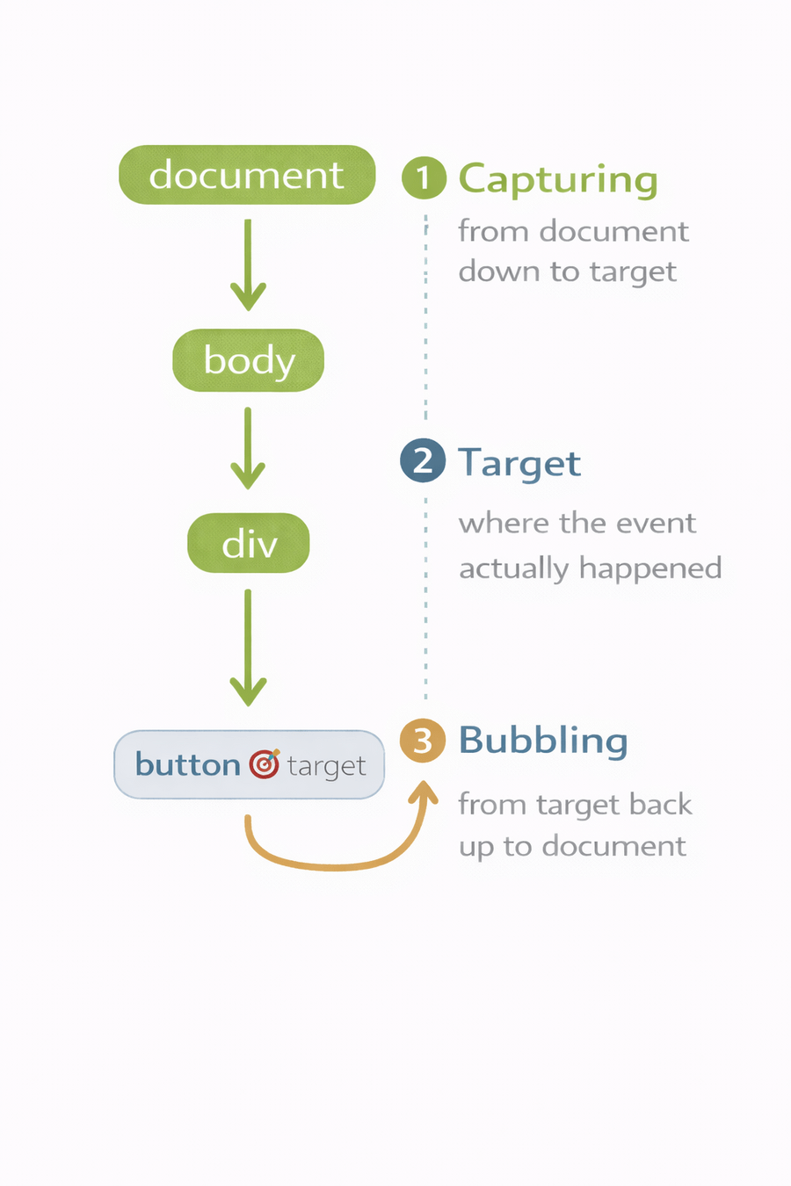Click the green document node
[x=247, y=175]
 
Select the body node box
[x=249, y=360]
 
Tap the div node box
[x=249, y=544]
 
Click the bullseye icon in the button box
[x=264, y=764]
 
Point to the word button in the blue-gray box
[x=187, y=764]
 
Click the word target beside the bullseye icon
[x=326, y=767]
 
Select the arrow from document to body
[x=248, y=264]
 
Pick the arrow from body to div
[x=248, y=447]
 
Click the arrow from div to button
[x=248, y=647]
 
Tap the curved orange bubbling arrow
[x=334, y=864]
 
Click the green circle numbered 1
[x=424, y=177]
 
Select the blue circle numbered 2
[x=423, y=460]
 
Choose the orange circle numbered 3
[x=423, y=741]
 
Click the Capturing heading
[x=558, y=179]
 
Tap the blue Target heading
[x=519, y=463]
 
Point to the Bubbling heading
[x=543, y=741]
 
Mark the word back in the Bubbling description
[x=666, y=804]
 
